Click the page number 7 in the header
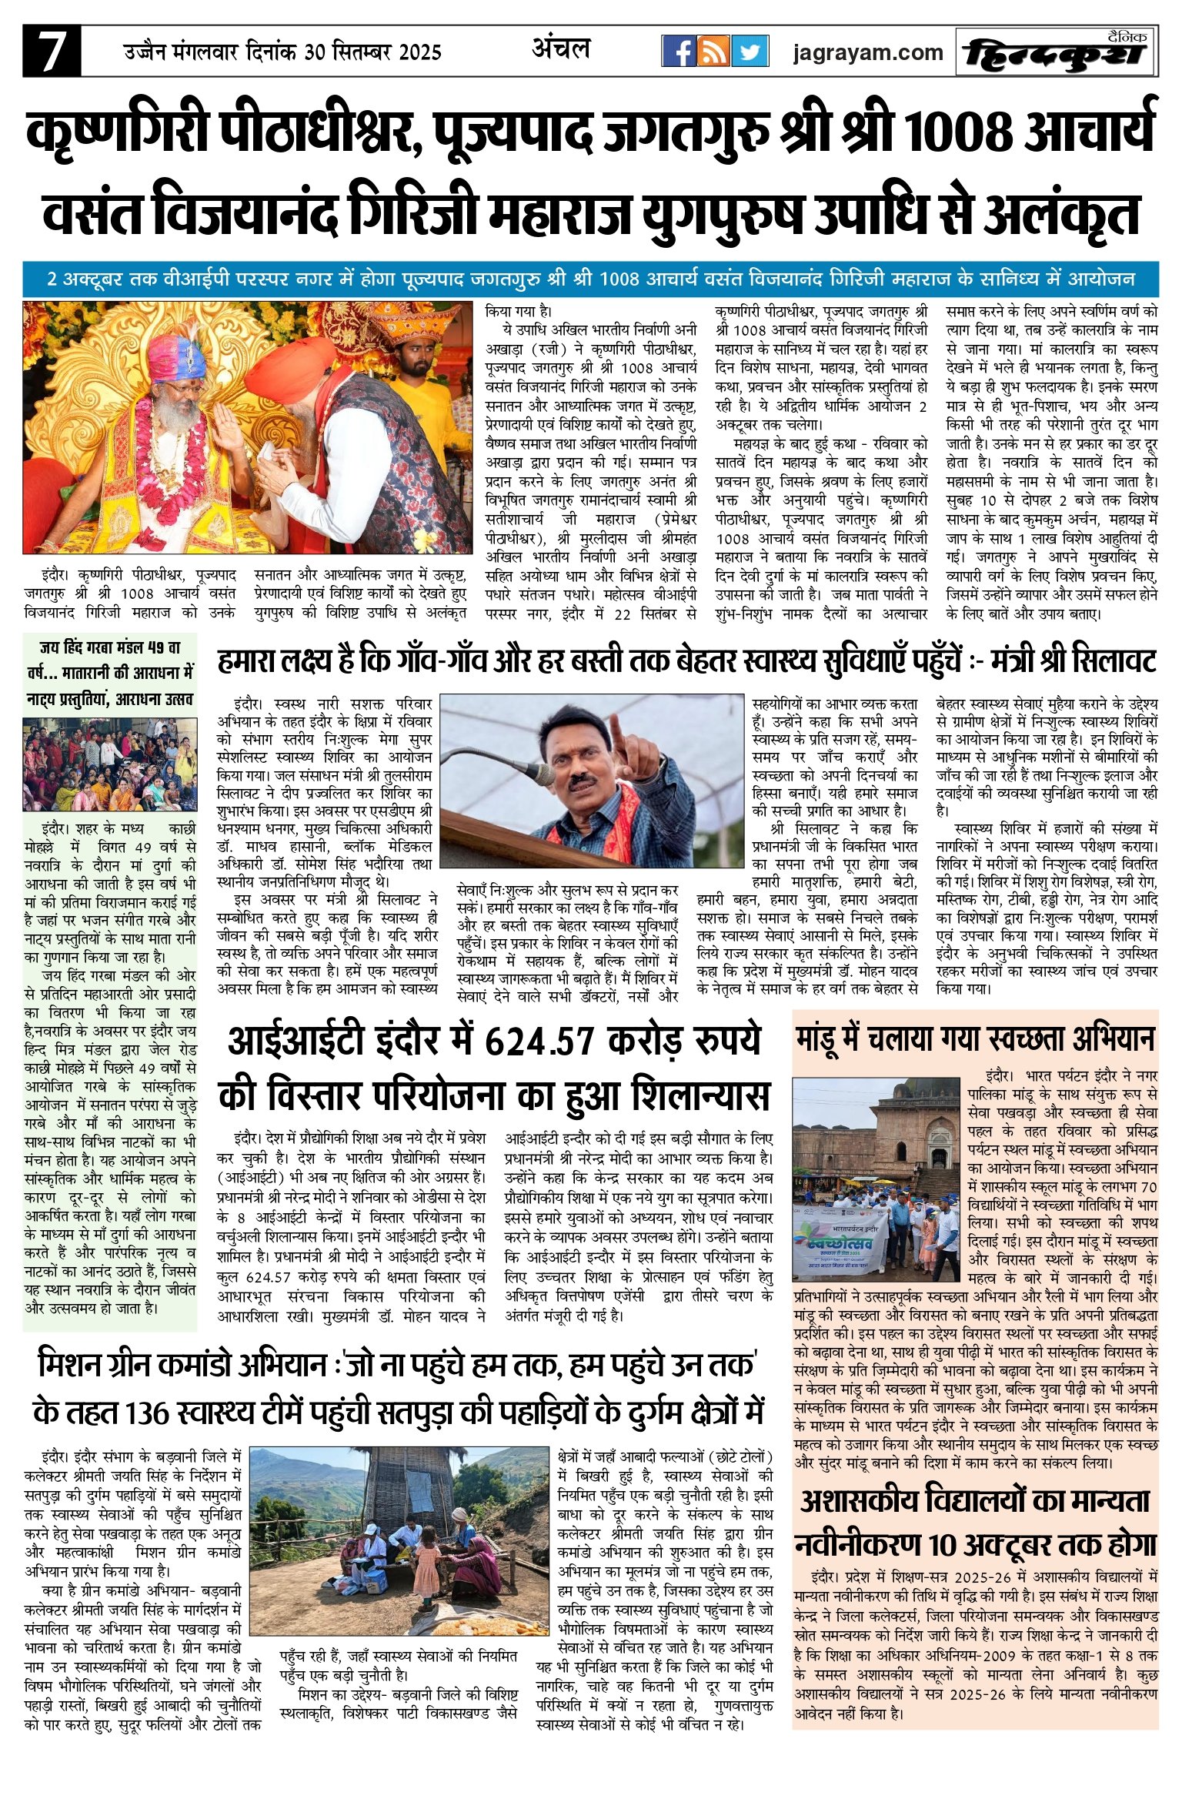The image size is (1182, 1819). point(51,51)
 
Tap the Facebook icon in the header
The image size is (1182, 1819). point(679,51)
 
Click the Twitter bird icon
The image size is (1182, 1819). point(749,51)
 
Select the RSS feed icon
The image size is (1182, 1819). point(714,51)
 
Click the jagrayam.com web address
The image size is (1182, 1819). point(868,52)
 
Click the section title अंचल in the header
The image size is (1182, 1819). point(561,49)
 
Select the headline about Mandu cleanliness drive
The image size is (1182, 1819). point(975,1038)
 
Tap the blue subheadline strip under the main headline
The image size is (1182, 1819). point(590,279)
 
